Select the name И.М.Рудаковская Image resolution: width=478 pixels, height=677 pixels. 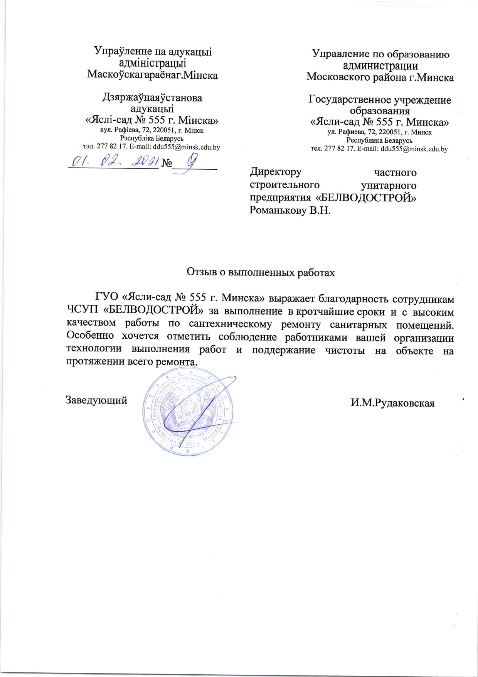pos(392,403)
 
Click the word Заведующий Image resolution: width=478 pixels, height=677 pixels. pos(96,400)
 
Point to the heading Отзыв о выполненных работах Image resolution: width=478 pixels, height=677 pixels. pos(261,272)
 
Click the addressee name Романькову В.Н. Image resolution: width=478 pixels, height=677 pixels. pos(290,210)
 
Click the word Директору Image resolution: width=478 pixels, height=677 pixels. pos(276,172)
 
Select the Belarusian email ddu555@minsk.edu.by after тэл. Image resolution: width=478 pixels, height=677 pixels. pos(187,147)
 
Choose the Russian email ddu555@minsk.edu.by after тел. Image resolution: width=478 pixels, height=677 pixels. pos(414,149)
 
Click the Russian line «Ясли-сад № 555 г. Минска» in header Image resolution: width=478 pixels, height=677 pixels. pos(379,122)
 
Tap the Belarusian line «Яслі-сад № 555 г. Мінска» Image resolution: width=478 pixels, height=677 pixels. pos(151,120)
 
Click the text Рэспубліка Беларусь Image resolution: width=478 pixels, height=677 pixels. pos(151,138)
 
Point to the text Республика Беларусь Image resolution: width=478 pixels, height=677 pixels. pos(379,140)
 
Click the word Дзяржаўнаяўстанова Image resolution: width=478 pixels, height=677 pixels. pos(152,98)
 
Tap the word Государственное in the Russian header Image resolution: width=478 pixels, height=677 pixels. pos(349,100)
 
